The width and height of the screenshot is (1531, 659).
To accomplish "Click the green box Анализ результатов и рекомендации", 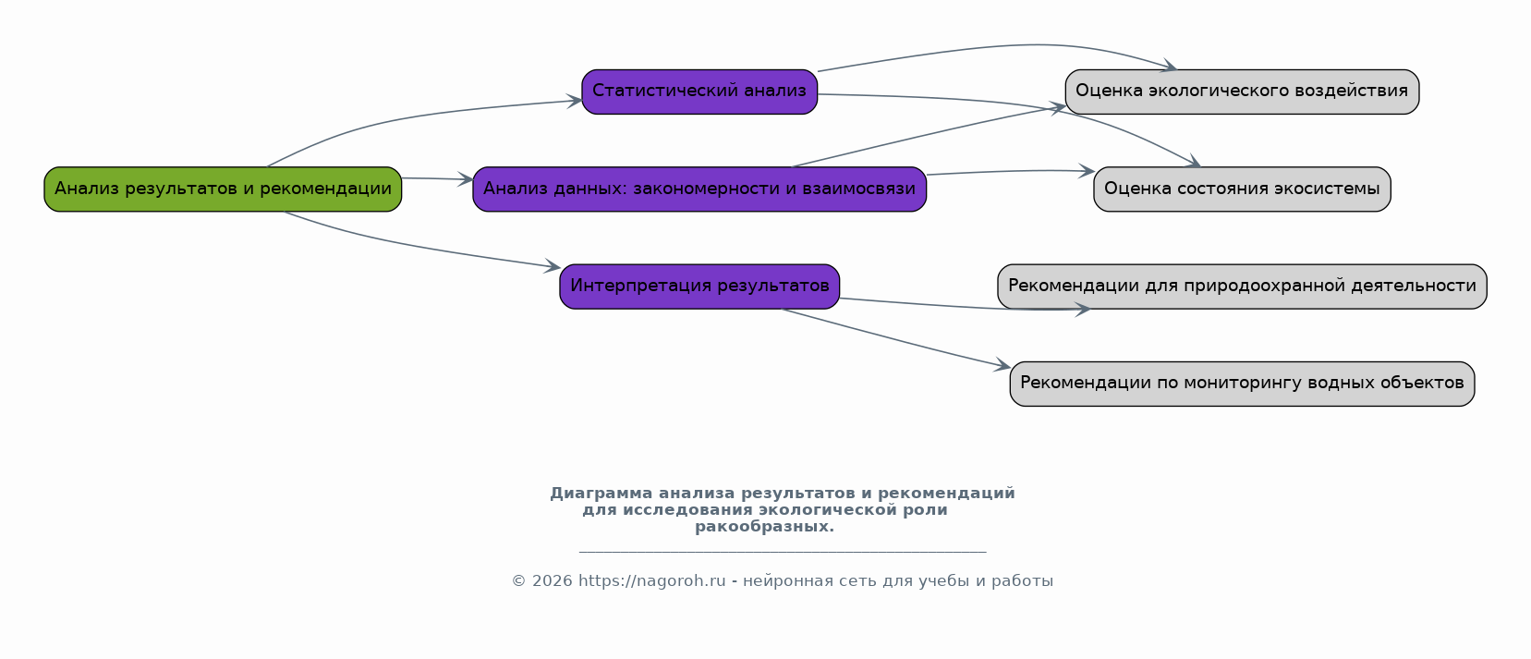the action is (223, 189).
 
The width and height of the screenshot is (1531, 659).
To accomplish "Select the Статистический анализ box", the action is (699, 92).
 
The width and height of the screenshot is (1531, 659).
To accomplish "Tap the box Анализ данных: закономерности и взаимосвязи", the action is (699, 189).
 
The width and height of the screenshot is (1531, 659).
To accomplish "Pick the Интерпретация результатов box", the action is (699, 287).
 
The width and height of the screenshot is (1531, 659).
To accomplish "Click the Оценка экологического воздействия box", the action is (1242, 92).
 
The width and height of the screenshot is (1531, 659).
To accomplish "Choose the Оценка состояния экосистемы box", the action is (1242, 189).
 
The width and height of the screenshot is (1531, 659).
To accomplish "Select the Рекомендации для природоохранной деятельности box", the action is (1242, 287).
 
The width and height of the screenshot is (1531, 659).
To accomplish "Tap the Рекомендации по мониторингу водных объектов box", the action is (1242, 384).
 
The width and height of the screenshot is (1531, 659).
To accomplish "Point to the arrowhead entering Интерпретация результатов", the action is (553, 266).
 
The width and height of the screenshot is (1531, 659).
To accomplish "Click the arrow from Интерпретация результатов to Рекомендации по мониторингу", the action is (896, 338).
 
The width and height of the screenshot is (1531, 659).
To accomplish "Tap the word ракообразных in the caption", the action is (764, 527).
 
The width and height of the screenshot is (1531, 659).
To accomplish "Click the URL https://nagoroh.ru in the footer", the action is (652, 581).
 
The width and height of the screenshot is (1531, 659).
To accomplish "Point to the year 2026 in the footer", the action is (553, 581).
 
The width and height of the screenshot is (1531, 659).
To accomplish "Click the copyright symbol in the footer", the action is (518, 581).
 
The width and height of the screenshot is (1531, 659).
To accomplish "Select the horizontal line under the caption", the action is (783, 551).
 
